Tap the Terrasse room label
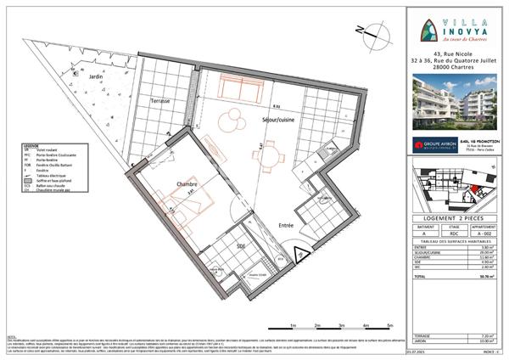coord(160,101)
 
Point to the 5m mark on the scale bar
coord(389,325)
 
